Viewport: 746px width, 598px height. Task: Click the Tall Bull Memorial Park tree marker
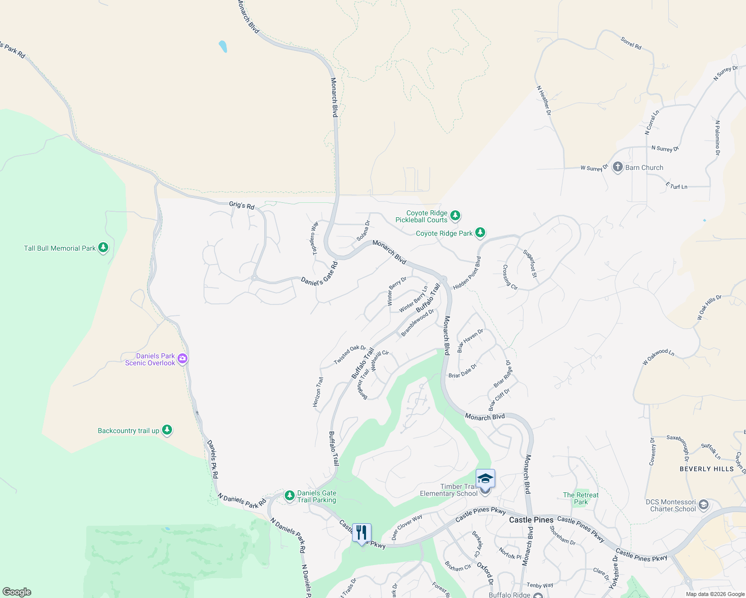(x=103, y=248)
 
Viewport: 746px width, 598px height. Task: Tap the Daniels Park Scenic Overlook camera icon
(x=183, y=358)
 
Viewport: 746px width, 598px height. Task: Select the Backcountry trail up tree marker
(x=167, y=430)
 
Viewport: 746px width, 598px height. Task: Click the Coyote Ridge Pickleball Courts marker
(x=455, y=216)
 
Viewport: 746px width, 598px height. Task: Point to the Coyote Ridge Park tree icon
(x=480, y=233)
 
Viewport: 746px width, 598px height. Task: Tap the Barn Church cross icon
(x=617, y=167)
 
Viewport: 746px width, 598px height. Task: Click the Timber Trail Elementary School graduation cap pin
(x=485, y=479)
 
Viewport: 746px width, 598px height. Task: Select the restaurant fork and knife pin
(x=362, y=533)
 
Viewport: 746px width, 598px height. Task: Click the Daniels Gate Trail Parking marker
(x=290, y=496)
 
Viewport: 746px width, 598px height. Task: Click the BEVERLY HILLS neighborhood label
(x=707, y=469)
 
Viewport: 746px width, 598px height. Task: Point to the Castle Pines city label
(x=531, y=520)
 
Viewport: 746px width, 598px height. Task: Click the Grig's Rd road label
(x=242, y=205)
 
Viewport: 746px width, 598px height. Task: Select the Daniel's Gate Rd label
(x=319, y=274)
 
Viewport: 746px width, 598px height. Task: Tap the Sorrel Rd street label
(x=631, y=43)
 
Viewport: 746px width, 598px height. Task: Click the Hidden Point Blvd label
(x=467, y=273)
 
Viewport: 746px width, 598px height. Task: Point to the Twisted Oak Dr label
(x=350, y=355)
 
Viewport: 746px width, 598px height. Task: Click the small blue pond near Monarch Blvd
(x=223, y=46)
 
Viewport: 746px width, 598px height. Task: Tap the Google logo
(x=17, y=592)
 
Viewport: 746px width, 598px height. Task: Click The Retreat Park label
(x=580, y=498)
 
